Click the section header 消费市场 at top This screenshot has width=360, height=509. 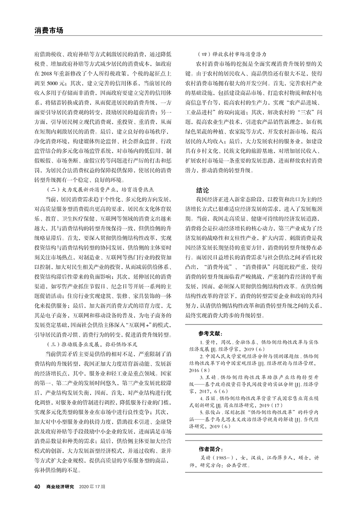[49, 30]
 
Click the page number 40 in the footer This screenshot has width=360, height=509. [37, 486]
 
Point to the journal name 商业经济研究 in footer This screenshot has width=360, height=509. [61, 486]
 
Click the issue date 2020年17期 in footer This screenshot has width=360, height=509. [92, 486]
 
